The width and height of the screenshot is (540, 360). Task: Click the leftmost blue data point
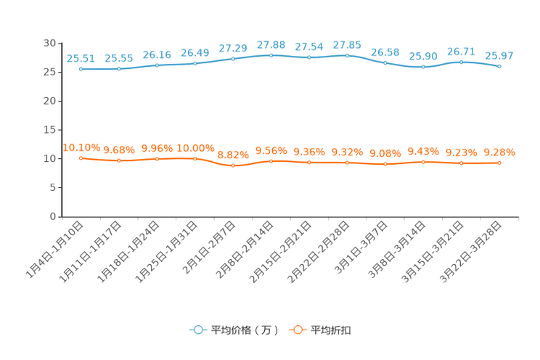pos(81,69)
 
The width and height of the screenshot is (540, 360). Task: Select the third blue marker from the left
pos(157,65)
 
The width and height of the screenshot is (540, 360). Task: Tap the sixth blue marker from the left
pos(271,54)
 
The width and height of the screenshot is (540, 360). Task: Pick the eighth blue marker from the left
pos(348,55)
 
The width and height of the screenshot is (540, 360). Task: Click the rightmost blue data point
pos(499,67)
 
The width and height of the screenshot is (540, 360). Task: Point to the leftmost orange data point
pos(81,157)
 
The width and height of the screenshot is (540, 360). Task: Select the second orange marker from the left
pos(119,160)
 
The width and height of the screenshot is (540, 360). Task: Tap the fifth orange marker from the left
pos(233,165)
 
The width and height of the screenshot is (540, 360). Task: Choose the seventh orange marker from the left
pos(309,163)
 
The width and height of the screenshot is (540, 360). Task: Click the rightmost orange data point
pos(499,163)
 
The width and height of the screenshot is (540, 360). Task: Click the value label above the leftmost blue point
pos(80,58)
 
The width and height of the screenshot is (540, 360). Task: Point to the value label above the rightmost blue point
pos(499,56)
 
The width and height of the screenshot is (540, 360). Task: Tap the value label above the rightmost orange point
pos(499,152)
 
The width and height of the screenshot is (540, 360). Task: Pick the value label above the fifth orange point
pos(233,155)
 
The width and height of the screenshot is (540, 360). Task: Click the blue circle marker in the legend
pos(197,330)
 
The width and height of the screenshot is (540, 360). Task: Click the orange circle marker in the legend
pos(297,330)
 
